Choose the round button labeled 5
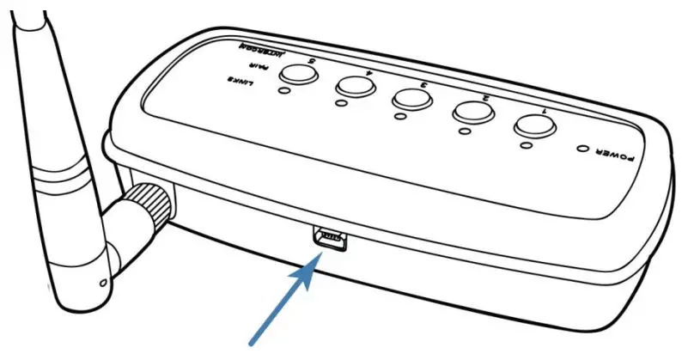pyautogui.click(x=297, y=75)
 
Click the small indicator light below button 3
pyautogui.click(x=398, y=116)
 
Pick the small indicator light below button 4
pyautogui.click(x=342, y=103)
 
